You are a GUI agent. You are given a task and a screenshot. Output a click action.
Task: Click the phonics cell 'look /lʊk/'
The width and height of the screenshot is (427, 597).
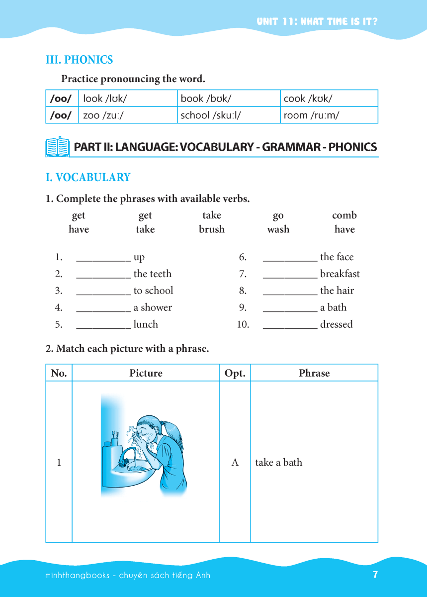[105, 99]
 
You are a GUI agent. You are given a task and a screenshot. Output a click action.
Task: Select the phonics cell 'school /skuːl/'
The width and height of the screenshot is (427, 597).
[211, 115]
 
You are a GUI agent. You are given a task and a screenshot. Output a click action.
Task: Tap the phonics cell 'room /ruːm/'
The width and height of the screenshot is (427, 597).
[311, 115]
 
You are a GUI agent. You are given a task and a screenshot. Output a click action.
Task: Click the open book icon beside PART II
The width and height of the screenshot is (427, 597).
[58, 147]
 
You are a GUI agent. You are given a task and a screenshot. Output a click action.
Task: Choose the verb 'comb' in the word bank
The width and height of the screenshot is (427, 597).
[344, 215]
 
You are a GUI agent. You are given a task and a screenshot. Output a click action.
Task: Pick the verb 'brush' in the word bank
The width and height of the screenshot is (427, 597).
[212, 229]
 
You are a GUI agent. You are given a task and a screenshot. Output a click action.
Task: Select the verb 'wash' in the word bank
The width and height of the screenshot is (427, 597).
[278, 229]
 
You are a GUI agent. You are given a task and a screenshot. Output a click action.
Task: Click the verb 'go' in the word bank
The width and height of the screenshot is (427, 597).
[278, 215]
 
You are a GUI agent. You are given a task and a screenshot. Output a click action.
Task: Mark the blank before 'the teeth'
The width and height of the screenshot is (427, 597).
[103, 275]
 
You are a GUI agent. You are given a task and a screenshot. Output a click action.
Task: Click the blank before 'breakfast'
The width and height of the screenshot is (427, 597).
[290, 275]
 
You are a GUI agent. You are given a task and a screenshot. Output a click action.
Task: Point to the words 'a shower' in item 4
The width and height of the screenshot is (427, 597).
[153, 307]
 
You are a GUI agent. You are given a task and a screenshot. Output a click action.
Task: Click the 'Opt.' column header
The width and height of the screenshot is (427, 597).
[235, 373]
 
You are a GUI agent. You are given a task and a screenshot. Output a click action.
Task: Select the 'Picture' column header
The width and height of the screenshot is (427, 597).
[146, 373]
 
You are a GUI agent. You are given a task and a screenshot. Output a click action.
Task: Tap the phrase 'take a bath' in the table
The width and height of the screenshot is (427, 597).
[279, 462]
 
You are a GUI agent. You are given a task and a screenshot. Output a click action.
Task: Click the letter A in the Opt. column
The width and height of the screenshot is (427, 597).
[235, 462]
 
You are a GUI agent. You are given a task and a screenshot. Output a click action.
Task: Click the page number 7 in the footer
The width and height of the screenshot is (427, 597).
[375, 575]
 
